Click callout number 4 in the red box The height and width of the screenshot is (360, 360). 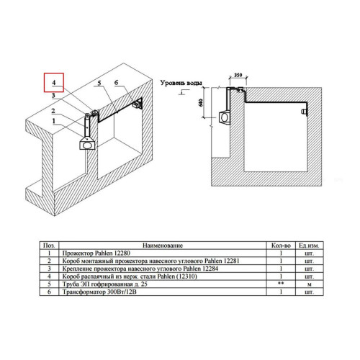tap(54, 83)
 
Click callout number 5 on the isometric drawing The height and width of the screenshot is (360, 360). tap(99, 84)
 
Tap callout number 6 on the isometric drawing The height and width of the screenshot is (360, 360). tap(116, 83)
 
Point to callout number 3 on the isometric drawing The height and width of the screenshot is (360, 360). tap(53, 95)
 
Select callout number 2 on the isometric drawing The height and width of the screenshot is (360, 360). tap(53, 111)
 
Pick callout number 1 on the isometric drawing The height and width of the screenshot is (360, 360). tap(54, 121)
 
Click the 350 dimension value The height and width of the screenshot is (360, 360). tap(238, 75)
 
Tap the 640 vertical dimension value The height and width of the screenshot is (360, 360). tap(201, 102)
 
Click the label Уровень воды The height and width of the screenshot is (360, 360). tap(181, 83)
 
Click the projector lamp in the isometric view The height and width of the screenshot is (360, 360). tap(87, 145)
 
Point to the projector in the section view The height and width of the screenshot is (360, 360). tap(225, 117)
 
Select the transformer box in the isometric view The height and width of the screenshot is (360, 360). tap(137, 104)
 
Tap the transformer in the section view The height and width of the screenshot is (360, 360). tap(304, 112)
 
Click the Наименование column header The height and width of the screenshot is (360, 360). tap(163, 246)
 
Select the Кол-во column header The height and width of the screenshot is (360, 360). tap(281, 246)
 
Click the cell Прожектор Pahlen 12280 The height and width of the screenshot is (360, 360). tap(96, 253)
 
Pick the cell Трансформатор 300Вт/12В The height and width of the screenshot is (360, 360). tap(99, 292)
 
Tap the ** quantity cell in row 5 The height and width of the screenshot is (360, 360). tap(281, 283)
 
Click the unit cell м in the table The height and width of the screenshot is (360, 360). tap(310, 284)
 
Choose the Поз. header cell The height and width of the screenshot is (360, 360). tap(49, 246)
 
